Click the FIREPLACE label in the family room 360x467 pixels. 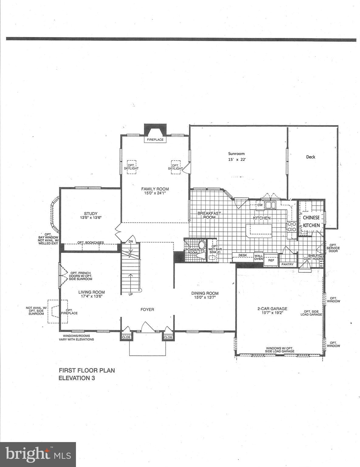click(155, 140)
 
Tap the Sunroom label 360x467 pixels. click(236, 154)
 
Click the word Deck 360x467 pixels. click(310, 157)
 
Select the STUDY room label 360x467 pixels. click(91, 213)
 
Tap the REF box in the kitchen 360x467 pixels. click(271, 260)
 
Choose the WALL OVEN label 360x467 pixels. click(259, 257)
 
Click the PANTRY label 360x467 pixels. click(287, 264)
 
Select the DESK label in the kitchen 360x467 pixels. click(243, 255)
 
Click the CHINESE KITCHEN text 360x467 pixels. click(311, 221)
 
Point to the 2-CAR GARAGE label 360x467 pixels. click(272, 309)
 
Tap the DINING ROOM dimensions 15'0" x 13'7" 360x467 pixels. click(205, 298)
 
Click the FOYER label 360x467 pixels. click(147, 310)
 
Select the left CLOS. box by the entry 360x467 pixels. click(126, 337)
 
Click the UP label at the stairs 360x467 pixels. click(131, 295)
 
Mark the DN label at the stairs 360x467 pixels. click(131, 241)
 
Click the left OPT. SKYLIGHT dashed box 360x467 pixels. click(131, 167)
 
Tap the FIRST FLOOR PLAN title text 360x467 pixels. click(87, 370)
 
